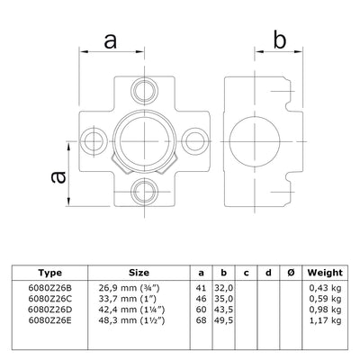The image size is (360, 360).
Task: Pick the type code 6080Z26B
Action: coord(50,285)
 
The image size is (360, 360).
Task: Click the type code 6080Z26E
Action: coord(50,319)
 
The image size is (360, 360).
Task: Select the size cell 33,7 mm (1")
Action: coord(139,296)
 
